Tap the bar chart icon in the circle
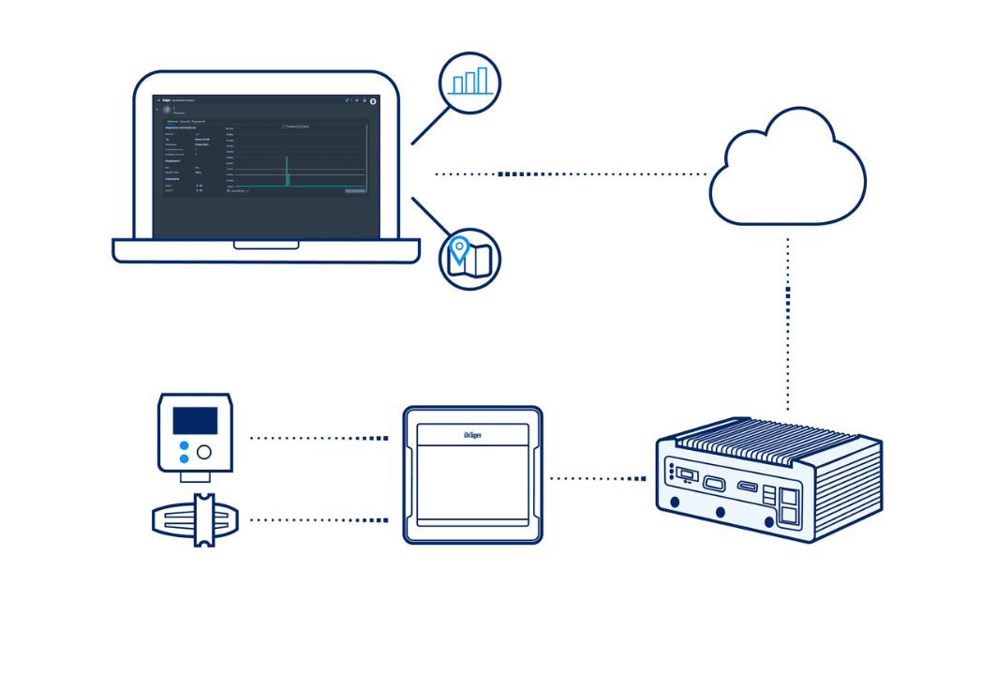470,83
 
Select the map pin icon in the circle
469,258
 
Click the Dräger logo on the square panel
472,434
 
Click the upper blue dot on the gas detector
184,444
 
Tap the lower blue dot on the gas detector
184,458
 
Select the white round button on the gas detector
203,452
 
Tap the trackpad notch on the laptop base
266,245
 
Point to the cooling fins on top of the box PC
768,441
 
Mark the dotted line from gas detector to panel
319,438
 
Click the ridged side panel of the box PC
848,488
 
